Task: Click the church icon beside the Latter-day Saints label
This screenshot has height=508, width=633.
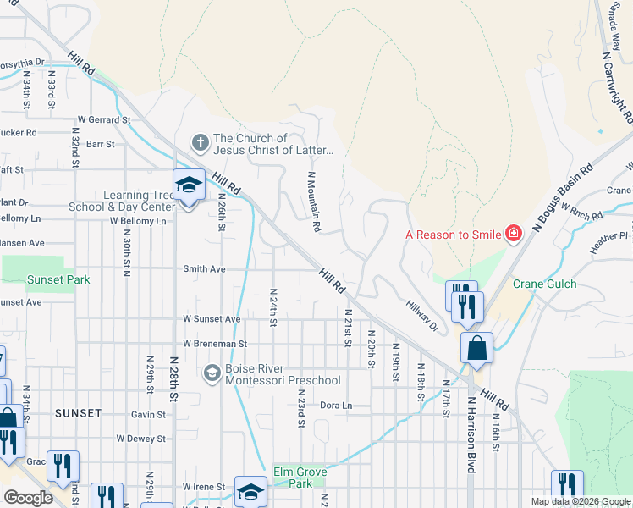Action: (x=200, y=141)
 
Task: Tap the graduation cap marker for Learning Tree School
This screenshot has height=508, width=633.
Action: (x=189, y=185)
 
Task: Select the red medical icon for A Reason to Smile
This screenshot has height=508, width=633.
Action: (x=513, y=233)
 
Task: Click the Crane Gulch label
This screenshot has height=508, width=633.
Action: (x=544, y=284)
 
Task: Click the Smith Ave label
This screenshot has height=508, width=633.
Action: (x=205, y=269)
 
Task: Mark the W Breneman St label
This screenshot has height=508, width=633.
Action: (x=215, y=345)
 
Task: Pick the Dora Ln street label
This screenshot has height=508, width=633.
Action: (x=336, y=406)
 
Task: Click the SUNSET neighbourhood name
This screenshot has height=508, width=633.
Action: (x=78, y=413)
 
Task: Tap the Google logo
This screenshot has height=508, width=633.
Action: (x=28, y=498)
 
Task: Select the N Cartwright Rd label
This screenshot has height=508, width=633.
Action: (x=616, y=84)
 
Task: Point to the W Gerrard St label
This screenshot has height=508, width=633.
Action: (x=103, y=120)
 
